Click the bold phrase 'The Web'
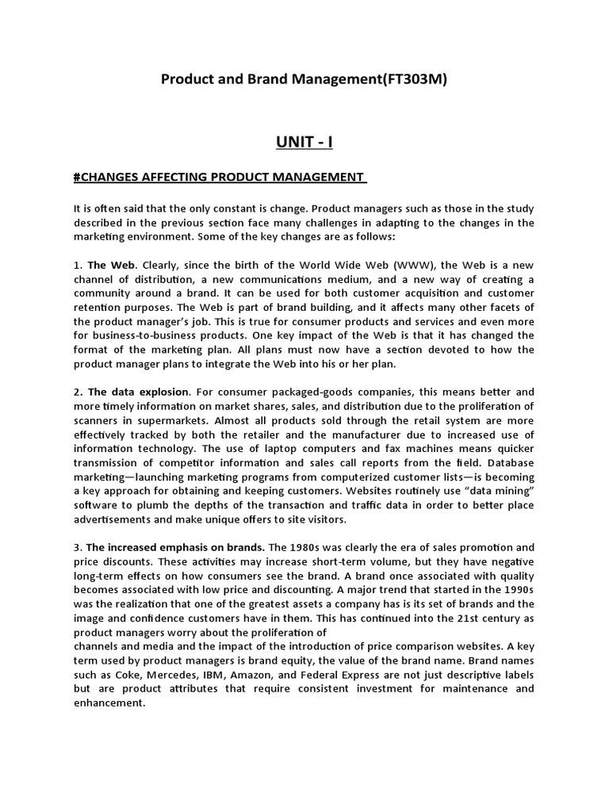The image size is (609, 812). coord(111,264)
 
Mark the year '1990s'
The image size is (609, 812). coord(517,591)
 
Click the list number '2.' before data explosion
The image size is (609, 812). coord(77,392)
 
